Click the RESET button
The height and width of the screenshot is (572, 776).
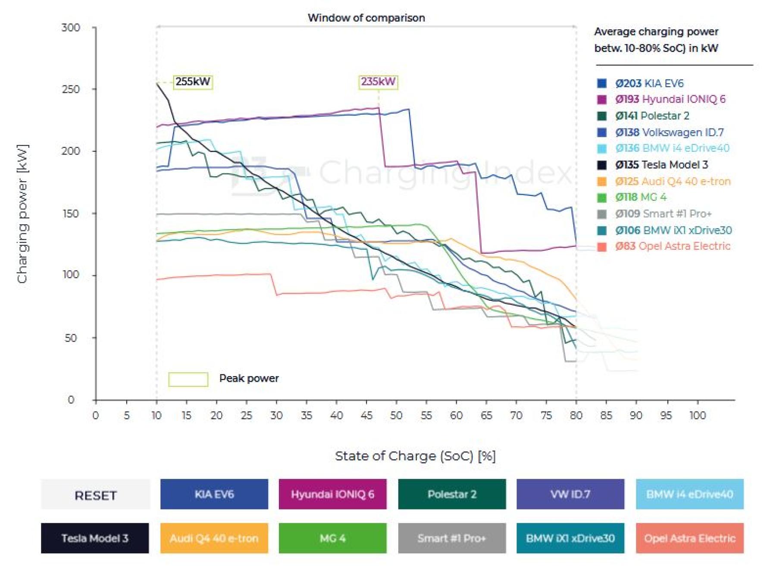(x=95, y=495)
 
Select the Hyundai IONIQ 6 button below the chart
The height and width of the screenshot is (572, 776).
(x=332, y=494)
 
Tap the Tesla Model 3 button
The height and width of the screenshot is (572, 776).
(x=95, y=538)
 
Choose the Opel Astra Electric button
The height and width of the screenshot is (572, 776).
(x=689, y=538)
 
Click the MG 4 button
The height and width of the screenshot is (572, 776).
(x=332, y=538)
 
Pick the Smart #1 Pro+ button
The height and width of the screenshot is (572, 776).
(x=451, y=538)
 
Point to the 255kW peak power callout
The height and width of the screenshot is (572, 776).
(x=193, y=82)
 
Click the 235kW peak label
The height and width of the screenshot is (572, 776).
(x=378, y=82)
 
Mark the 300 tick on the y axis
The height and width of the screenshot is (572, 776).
(x=71, y=28)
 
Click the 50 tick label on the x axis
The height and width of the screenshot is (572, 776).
(x=396, y=415)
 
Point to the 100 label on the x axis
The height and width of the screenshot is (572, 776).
(x=697, y=415)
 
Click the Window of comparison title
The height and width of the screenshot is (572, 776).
(x=366, y=18)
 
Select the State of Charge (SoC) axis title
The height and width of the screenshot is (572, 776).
(x=415, y=456)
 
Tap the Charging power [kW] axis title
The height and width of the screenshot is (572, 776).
(x=22, y=214)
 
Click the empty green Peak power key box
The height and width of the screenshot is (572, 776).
(x=188, y=379)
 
